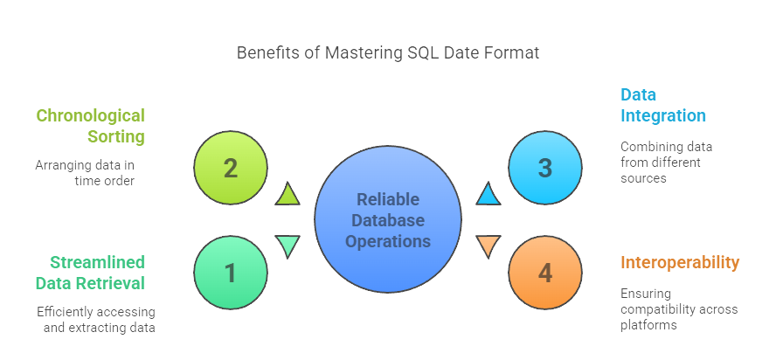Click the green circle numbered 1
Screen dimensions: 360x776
click(x=230, y=273)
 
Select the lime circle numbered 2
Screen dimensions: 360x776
click(x=230, y=168)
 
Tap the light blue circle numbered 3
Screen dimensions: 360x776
click(x=545, y=168)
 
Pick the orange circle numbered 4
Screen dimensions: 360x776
click(x=545, y=273)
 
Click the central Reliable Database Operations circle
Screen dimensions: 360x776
click(x=387, y=220)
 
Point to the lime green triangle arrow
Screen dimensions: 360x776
click(x=288, y=195)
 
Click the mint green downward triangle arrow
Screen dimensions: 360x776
click(x=288, y=246)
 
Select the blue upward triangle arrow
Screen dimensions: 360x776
click(x=488, y=195)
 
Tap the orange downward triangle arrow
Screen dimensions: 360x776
click(x=488, y=246)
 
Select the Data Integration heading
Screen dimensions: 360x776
click(x=663, y=105)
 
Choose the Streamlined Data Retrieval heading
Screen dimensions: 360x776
click(x=90, y=272)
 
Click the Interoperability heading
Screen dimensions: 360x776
click(x=680, y=262)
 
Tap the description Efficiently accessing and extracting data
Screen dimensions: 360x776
click(x=95, y=319)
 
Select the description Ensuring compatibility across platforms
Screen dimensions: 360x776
click(x=679, y=309)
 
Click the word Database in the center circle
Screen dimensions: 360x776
click(x=387, y=220)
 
